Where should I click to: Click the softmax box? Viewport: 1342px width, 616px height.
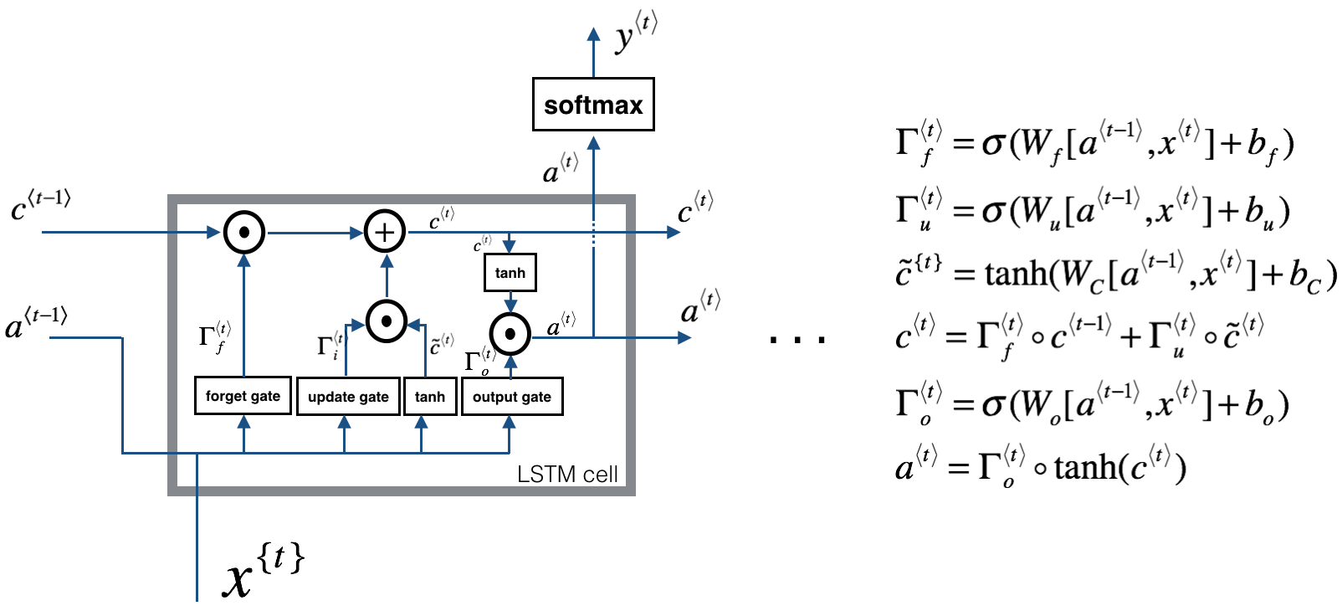593,105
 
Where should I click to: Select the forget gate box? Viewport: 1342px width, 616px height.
243,396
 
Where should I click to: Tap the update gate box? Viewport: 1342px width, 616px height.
348,397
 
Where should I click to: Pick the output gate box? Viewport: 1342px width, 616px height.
512,397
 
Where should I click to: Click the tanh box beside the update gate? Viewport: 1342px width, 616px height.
430,397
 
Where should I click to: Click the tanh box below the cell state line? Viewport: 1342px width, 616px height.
510,273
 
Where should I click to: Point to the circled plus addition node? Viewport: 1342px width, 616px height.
385,232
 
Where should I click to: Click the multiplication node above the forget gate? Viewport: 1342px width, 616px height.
243,232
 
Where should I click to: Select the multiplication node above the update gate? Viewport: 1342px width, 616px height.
387,321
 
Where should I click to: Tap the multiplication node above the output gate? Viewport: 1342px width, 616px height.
510,335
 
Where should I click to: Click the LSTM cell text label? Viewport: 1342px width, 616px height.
567,475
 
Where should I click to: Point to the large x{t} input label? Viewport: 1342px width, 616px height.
262,569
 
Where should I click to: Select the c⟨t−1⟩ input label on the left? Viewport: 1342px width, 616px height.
40,205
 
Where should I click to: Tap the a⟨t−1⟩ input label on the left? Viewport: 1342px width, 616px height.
36,323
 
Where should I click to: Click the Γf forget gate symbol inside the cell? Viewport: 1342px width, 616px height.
214,336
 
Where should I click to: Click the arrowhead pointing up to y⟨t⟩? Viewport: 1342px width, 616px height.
593,34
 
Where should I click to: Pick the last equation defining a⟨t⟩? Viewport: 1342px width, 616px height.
1040,466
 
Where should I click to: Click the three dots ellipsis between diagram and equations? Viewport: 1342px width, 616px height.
797,339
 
